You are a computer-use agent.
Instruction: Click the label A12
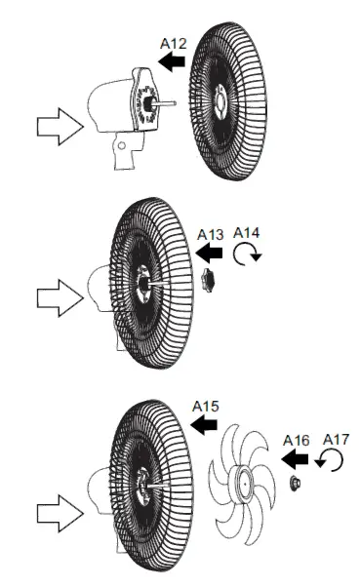173,43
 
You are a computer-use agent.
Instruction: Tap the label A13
211,234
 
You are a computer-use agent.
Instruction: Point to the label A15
206,405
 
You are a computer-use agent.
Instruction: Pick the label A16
297,440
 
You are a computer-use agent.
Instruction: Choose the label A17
334,440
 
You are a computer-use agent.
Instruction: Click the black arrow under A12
173,62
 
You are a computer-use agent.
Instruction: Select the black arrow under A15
203,425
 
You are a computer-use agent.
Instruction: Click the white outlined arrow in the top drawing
57,126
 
